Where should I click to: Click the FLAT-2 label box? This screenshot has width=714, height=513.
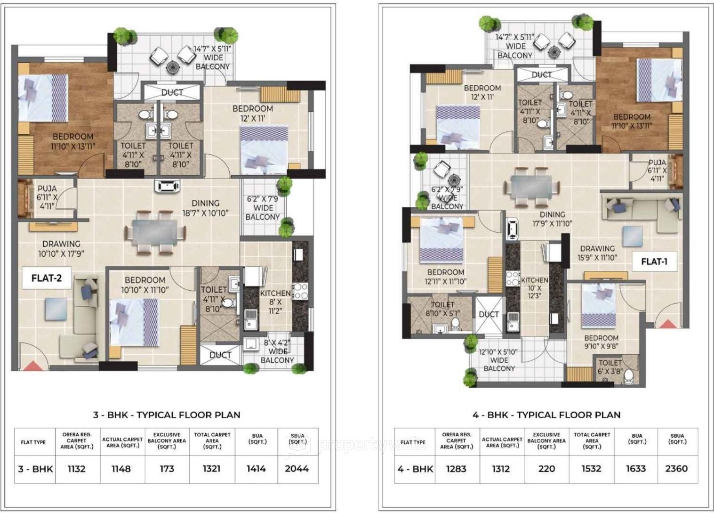(x=46, y=278)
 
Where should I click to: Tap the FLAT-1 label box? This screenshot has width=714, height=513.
(x=654, y=261)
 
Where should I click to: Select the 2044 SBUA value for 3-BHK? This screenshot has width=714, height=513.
(x=297, y=469)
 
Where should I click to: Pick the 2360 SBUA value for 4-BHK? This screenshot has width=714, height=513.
(x=676, y=469)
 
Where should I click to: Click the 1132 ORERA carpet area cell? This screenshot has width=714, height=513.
(x=76, y=469)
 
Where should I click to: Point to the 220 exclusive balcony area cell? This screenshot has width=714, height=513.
(x=546, y=469)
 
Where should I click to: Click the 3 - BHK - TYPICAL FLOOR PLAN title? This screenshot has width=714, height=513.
(x=167, y=415)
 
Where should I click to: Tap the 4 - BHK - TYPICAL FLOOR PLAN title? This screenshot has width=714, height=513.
(x=546, y=415)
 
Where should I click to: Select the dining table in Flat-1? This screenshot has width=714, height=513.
(x=532, y=187)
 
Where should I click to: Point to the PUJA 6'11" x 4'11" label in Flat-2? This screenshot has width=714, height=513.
(x=47, y=197)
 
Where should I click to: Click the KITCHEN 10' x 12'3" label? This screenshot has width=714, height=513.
(x=534, y=288)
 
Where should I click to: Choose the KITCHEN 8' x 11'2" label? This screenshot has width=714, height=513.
(x=275, y=301)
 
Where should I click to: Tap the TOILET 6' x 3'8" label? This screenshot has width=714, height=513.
(x=610, y=367)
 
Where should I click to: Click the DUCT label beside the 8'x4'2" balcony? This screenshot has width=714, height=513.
(x=220, y=355)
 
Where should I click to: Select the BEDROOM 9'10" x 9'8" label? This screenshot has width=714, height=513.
(x=601, y=342)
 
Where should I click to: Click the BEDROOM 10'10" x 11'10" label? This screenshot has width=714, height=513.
(x=145, y=285)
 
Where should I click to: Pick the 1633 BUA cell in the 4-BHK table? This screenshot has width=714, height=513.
(x=637, y=469)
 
